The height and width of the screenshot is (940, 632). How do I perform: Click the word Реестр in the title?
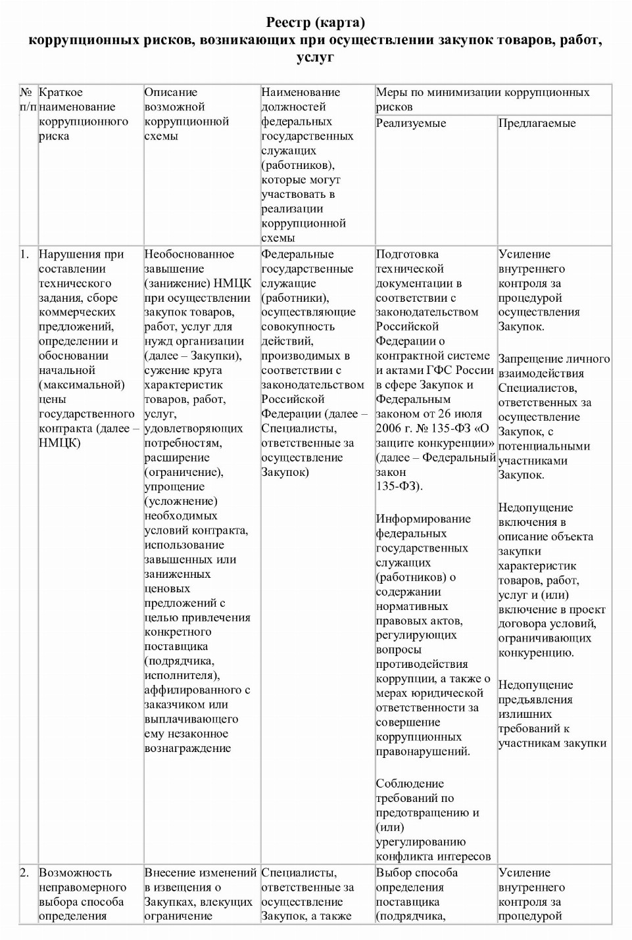tap(289, 23)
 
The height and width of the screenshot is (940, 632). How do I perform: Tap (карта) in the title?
tap(340, 23)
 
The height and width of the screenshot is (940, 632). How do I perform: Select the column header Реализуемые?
tap(411, 123)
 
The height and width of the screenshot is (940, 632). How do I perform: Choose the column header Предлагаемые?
tap(537, 123)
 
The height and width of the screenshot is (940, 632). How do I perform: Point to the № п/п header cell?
tap(28, 99)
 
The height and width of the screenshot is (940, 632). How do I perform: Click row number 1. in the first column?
tap(24, 254)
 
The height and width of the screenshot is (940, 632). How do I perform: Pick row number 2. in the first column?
tap(24, 873)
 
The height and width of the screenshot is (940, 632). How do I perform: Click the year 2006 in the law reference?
tap(389, 428)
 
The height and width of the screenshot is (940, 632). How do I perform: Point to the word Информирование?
tap(423, 519)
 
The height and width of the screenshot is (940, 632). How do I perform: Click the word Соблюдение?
tap(410, 784)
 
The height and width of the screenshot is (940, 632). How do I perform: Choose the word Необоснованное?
tap(189, 254)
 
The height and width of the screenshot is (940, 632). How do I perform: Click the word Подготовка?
tap(407, 254)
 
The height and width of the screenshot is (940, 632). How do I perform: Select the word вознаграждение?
tap(187, 748)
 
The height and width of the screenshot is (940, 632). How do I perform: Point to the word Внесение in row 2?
tap(170, 873)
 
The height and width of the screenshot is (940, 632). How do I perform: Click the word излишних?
tap(525, 714)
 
